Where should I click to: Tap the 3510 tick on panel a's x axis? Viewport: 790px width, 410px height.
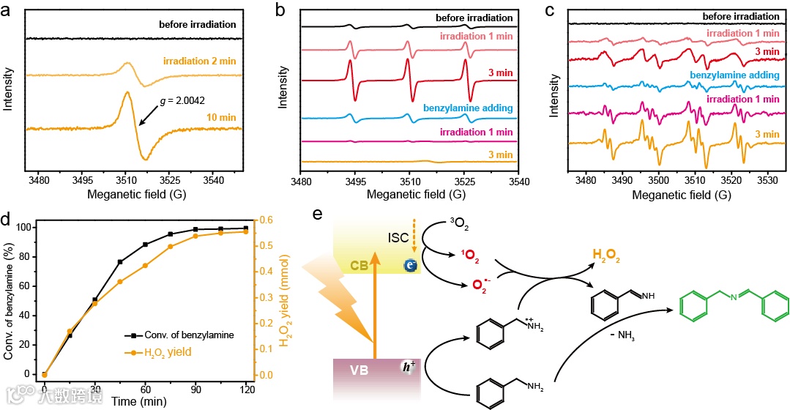tap(124, 180)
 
